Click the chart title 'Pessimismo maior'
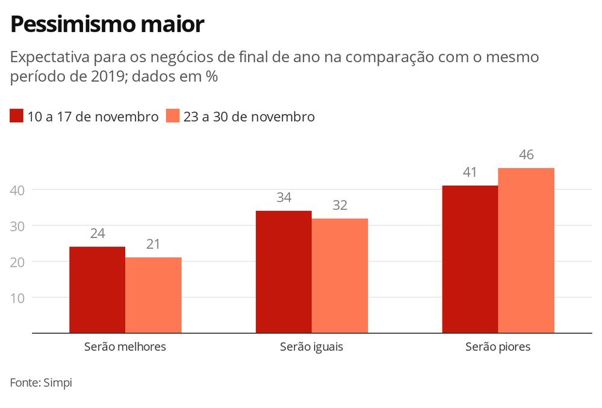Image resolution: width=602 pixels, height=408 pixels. point(107,25)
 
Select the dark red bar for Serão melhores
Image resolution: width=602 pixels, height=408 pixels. point(97,289)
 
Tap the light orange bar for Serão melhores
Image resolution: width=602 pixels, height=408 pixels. point(153,295)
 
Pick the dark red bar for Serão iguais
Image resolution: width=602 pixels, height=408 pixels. point(284,271)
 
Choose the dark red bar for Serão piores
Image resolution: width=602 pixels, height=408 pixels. point(470,259)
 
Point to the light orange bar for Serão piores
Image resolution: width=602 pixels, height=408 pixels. point(526,250)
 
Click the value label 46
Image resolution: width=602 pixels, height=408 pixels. point(526,155)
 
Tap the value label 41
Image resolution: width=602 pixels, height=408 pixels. point(470,172)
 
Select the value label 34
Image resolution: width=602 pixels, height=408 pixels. point(284,198)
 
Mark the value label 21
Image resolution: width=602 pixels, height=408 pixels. point(153,245)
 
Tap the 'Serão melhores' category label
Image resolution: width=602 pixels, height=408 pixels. point(125,347)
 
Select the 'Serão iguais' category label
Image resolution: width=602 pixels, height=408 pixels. point(312,347)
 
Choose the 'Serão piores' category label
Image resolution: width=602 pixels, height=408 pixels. point(498,347)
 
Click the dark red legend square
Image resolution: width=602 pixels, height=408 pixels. point(16,116)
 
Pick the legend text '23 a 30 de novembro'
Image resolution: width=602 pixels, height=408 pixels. point(249,117)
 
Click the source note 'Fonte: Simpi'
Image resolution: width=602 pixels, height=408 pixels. point(41,383)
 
